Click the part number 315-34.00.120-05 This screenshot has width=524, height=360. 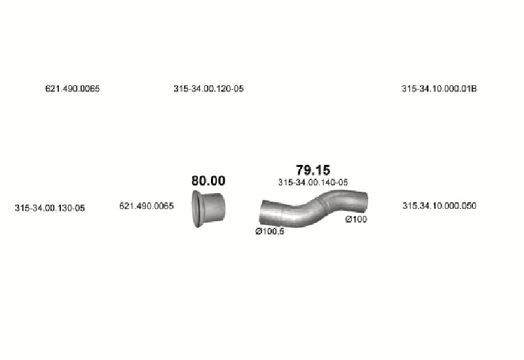[x=208, y=88]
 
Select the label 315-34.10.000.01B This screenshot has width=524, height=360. [x=439, y=88]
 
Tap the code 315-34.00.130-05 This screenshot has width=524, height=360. [x=50, y=208]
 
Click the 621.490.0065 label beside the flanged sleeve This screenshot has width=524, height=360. [x=146, y=206]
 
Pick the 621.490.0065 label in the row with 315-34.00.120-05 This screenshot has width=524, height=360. [x=73, y=88]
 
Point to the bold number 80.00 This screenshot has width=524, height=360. [x=208, y=181]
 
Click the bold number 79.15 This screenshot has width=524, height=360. [x=313, y=170]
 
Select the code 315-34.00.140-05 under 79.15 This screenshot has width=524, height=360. [x=313, y=183]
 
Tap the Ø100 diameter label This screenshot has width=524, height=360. [x=356, y=219]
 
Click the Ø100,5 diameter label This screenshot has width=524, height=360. [x=270, y=231]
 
